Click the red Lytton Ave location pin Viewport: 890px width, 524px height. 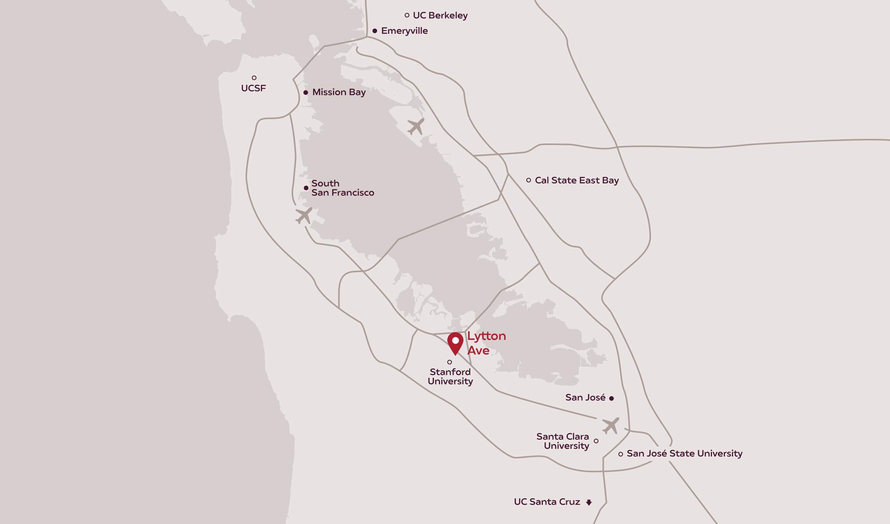[x=455, y=343]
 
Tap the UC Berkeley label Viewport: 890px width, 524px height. [x=440, y=15]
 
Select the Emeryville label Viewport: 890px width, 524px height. [x=404, y=31]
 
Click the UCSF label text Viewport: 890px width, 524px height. [x=253, y=88]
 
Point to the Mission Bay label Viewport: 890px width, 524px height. [x=339, y=92]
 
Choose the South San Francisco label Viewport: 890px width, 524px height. [x=342, y=188]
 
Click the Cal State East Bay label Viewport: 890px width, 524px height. [x=577, y=180]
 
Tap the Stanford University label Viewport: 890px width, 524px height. [x=450, y=376]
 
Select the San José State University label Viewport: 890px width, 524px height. [x=684, y=453]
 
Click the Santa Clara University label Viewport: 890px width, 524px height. [x=563, y=441]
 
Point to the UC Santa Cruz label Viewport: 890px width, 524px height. [x=547, y=502]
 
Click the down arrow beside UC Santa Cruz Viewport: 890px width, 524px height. [x=589, y=502]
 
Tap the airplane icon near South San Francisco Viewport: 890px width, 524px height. [x=304, y=216]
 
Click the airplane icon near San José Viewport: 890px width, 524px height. [x=610, y=425]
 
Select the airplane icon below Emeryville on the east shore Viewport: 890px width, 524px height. [x=416, y=126]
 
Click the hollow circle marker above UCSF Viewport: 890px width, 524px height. [x=254, y=78]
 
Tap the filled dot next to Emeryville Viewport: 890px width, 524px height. [x=375, y=31]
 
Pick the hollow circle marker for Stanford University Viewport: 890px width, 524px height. [x=450, y=362]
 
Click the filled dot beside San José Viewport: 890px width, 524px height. [x=611, y=399]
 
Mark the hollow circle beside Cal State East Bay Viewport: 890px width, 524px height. [x=529, y=180]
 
